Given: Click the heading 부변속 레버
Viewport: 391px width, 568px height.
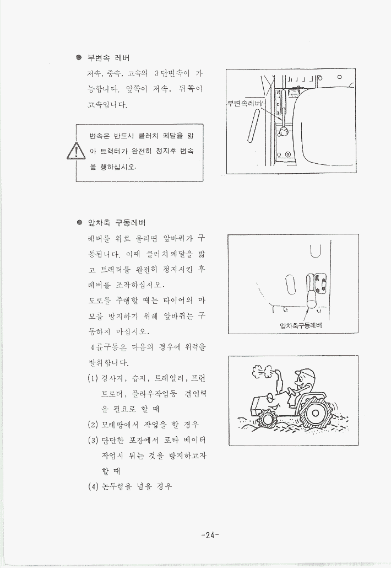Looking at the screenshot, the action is click(108, 58).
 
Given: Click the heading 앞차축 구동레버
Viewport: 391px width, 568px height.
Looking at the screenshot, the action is click(117, 222).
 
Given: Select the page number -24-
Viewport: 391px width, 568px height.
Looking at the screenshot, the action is click(210, 535).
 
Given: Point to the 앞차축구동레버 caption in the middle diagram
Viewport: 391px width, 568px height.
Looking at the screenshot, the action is click(301, 325).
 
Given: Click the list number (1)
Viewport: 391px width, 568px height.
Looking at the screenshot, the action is click(93, 378).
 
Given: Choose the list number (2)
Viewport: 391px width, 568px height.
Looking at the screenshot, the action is click(93, 424).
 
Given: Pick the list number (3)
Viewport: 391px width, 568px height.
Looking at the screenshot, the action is click(93, 440).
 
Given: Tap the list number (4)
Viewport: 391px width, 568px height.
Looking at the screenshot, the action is click(93, 486).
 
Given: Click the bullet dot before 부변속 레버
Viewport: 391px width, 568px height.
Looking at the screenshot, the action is click(79, 57).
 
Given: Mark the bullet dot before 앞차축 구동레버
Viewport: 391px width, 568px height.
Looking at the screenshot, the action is click(79, 222).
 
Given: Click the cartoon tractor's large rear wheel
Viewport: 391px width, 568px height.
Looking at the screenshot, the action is click(315, 412).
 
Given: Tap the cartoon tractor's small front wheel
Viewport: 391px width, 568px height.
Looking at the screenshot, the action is click(268, 419).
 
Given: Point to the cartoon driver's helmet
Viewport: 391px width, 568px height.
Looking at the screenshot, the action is click(305, 373).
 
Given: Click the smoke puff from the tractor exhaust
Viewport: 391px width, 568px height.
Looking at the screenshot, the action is click(262, 371).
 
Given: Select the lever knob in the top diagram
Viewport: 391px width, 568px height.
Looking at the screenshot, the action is click(284, 132).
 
